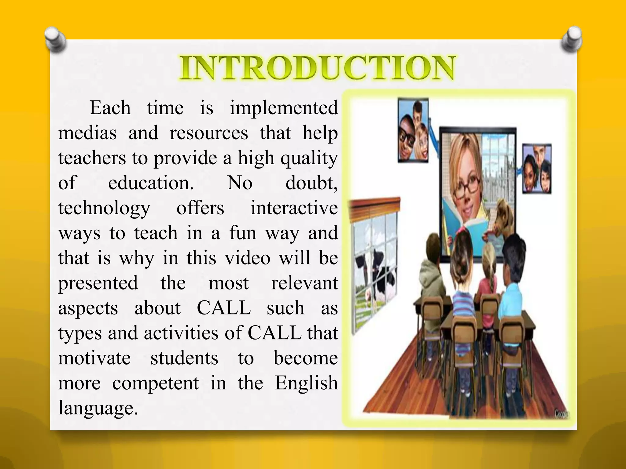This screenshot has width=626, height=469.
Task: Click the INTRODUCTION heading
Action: pyautogui.click(x=317, y=68)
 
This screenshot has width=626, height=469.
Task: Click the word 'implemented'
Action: pyautogui.click(x=284, y=108)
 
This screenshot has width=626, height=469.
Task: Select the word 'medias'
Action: pyautogui.click(x=87, y=133)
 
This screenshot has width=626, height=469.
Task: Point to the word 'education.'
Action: pyautogui.click(x=151, y=183)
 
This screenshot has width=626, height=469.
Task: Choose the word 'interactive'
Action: pyautogui.click(x=294, y=208)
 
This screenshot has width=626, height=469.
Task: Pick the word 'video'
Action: pyautogui.click(x=248, y=258)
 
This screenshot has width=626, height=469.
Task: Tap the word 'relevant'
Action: pyautogui.click(x=304, y=283)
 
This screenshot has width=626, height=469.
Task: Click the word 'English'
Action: pyautogui.click(x=306, y=384)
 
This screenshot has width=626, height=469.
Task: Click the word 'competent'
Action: pyautogui.click(x=156, y=384)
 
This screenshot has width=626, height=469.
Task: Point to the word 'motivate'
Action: pyautogui.click(x=94, y=358)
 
